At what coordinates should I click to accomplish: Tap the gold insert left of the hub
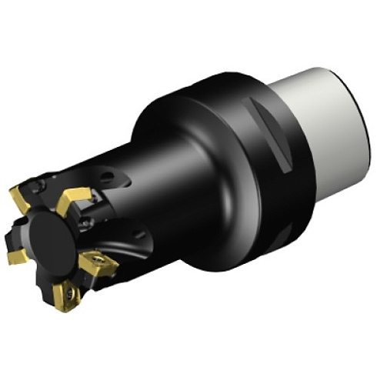click(17, 254)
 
